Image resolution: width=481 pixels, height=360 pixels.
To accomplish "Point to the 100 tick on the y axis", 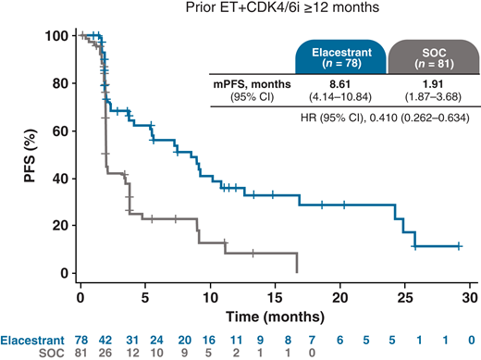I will [x=57, y=35].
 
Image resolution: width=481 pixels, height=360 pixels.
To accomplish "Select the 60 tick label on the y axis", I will [x=61, y=130].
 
